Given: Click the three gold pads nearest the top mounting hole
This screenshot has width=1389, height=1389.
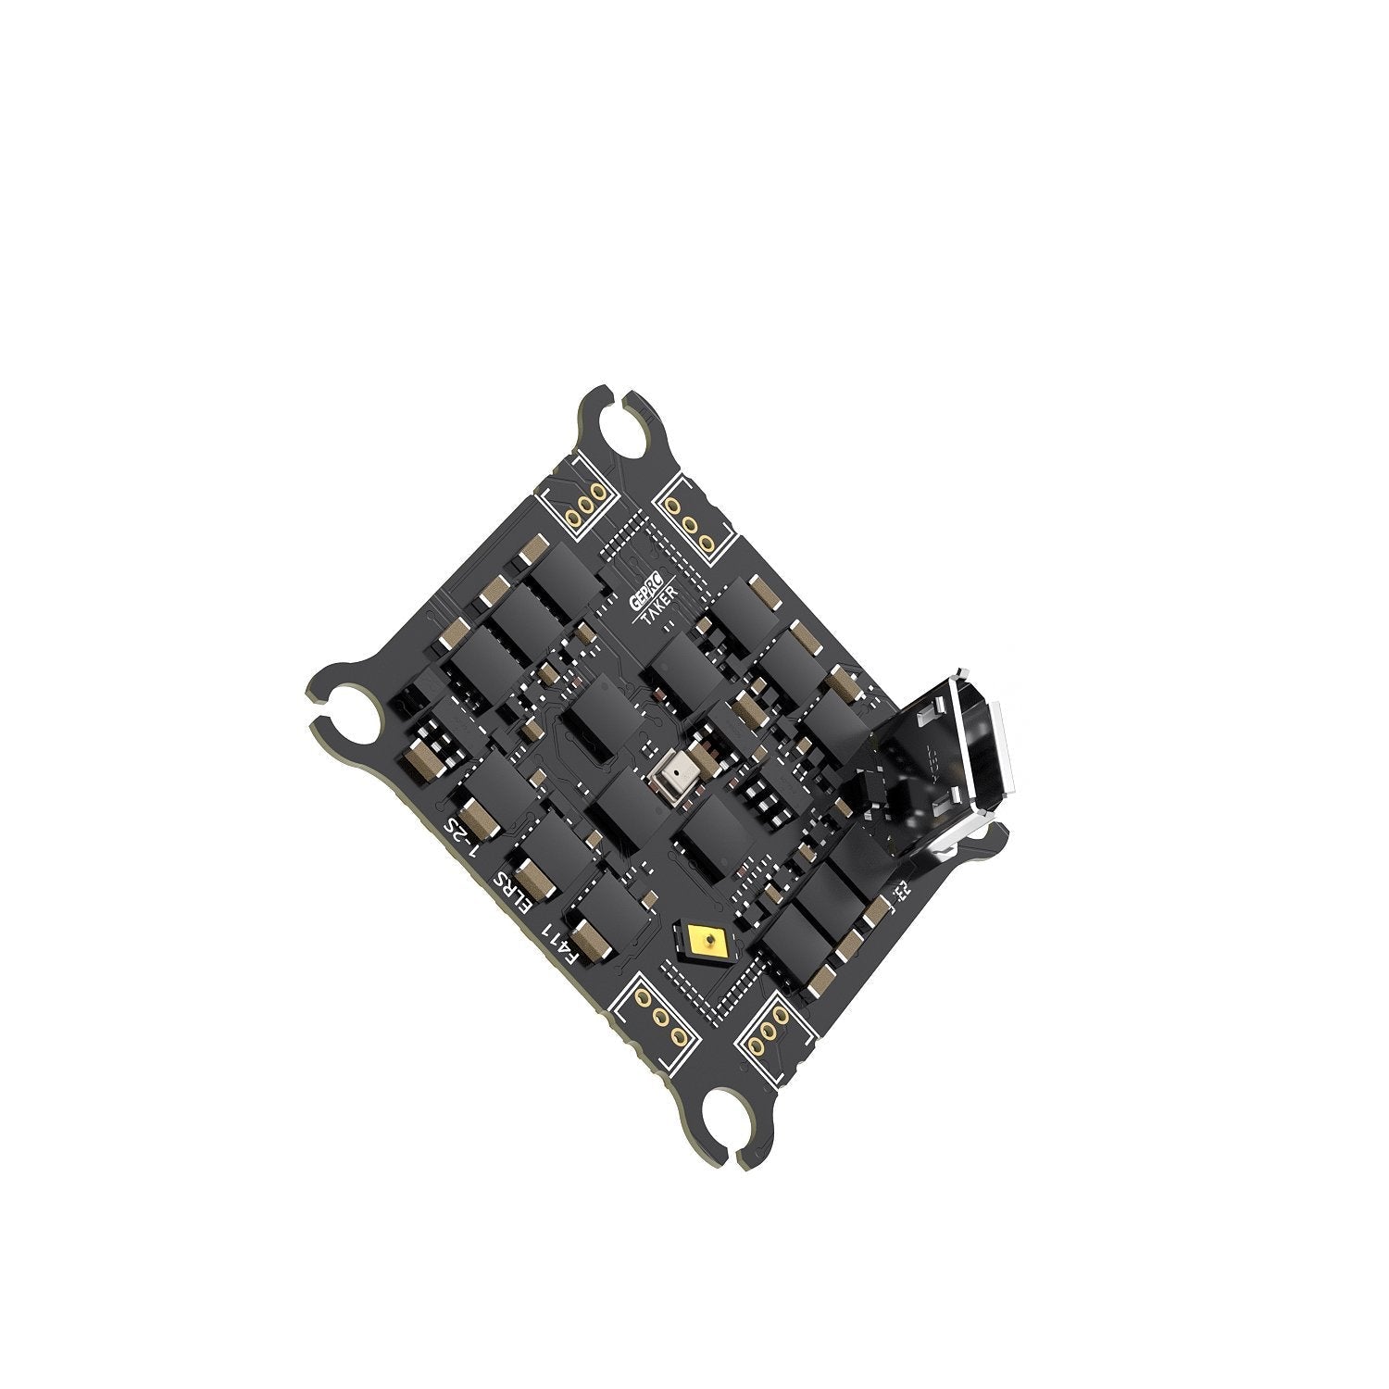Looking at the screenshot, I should point(587,507).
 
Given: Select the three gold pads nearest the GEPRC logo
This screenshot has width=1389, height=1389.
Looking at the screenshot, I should point(690,524).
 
